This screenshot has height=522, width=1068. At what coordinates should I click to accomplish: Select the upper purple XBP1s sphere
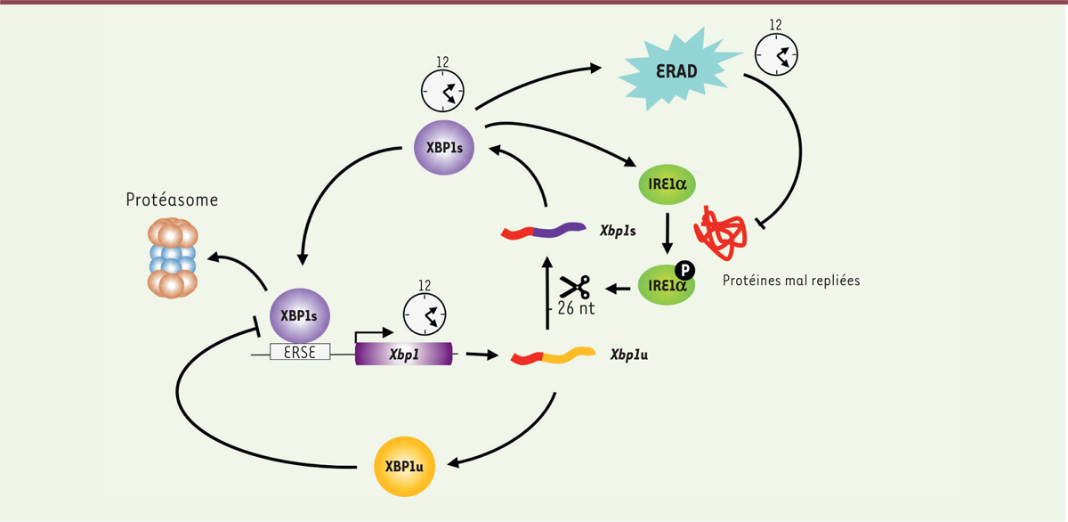pyautogui.click(x=443, y=147)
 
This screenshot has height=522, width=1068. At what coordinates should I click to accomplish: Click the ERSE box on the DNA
pyautogui.click(x=301, y=352)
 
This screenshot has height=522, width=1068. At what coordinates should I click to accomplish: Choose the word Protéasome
pyautogui.click(x=173, y=200)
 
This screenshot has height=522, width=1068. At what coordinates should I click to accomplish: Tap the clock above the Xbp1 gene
pyautogui.click(x=425, y=313)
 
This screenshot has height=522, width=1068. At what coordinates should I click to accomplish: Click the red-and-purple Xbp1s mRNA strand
pyautogui.click(x=543, y=231)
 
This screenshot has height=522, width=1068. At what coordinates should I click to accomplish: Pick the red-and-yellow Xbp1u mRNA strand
pyautogui.click(x=552, y=356)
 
